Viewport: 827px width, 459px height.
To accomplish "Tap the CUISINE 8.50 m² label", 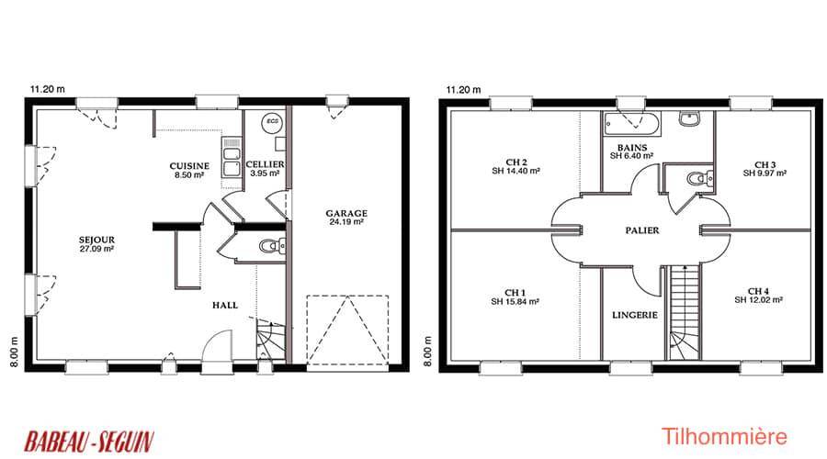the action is click(189, 170).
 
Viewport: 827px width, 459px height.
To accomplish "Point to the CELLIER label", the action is click(266, 164).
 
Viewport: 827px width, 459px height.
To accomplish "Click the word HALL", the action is click(225, 305).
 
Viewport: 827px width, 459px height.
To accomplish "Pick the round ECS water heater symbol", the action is click(272, 122).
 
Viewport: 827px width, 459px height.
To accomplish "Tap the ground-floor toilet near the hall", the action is click(272, 246).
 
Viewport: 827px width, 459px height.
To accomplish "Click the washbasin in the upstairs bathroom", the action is click(689, 119).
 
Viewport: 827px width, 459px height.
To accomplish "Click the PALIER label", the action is click(642, 230).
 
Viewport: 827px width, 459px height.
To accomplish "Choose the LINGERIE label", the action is click(635, 315).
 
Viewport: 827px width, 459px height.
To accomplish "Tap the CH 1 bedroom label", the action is click(515, 293).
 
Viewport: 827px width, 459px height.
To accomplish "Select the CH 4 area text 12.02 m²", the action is click(758, 300).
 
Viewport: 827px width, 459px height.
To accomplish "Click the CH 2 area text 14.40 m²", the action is click(515, 172).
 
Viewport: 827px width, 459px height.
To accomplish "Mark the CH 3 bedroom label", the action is click(765, 165).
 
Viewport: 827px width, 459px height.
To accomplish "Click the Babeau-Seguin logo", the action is click(89, 441).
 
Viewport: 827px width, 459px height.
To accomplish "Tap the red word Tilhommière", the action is click(724, 437).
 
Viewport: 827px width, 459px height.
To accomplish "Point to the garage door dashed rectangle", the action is click(347, 330).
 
